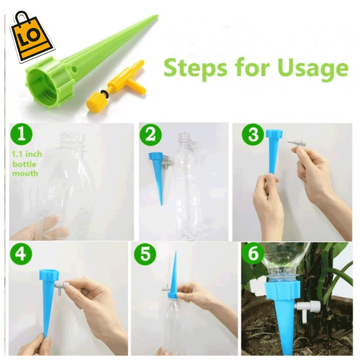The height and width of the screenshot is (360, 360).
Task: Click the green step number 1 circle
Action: pyautogui.click(x=21, y=134)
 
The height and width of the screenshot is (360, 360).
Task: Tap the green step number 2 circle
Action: pyautogui.click(x=151, y=135)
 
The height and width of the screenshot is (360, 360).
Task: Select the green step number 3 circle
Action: pyautogui.click(x=253, y=135)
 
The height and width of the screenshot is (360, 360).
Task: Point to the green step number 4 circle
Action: pyautogui.click(x=21, y=254)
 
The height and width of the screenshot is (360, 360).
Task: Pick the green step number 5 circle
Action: pyautogui.click(x=145, y=254)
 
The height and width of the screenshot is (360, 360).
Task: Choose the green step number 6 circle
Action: pyautogui.click(x=253, y=253)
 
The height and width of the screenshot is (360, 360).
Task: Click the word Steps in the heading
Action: pyautogui.click(x=195, y=68)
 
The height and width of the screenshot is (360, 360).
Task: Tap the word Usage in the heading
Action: pyautogui.click(x=313, y=68)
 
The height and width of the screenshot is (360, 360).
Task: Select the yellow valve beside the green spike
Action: pyautogui.click(x=116, y=87)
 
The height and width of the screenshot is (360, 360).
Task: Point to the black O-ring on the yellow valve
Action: pyautogui.click(x=105, y=93)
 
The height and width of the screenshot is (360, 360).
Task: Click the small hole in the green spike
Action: pyautogui.click(x=74, y=69)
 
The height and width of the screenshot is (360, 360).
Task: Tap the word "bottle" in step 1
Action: pyautogui.click(x=24, y=164)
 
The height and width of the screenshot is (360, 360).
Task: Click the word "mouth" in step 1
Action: pyautogui.click(x=25, y=173)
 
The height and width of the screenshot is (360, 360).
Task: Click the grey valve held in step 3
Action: pyautogui.click(x=297, y=144)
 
